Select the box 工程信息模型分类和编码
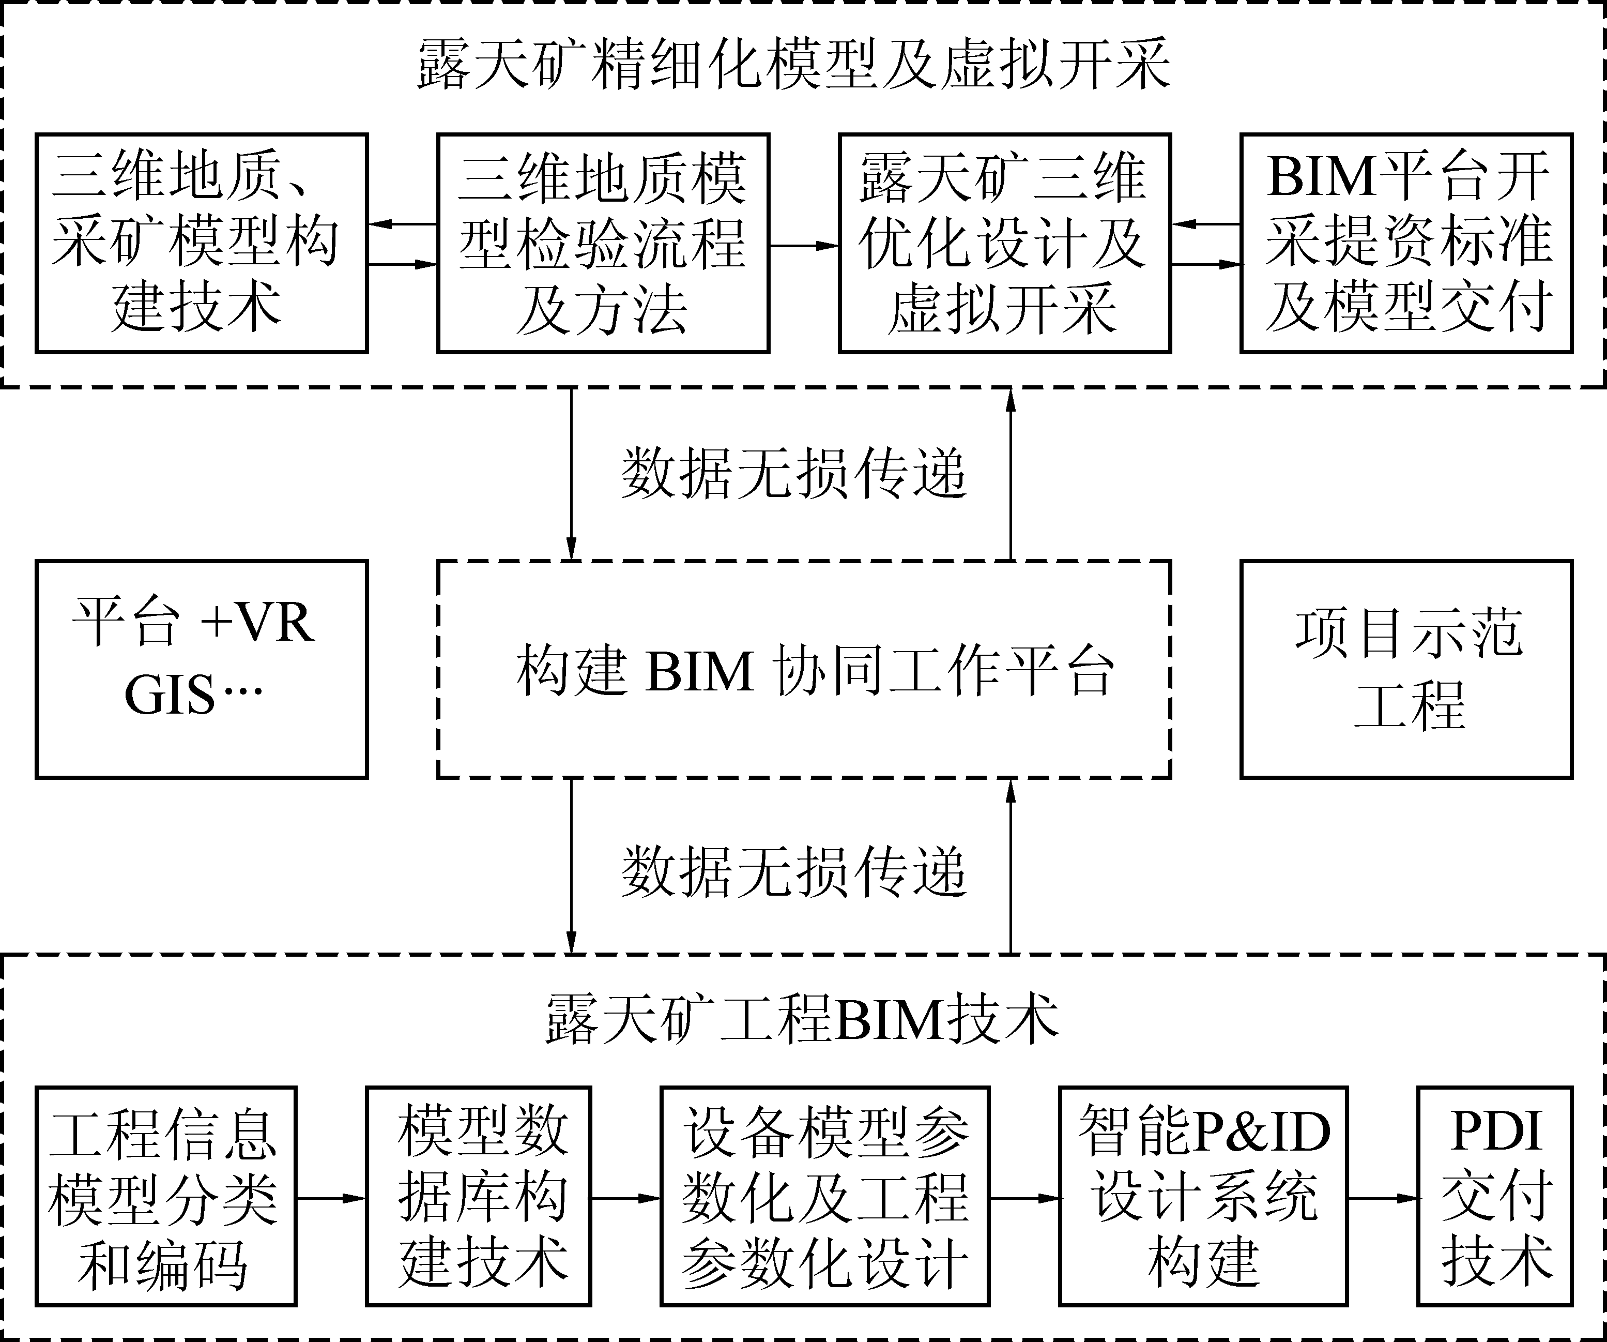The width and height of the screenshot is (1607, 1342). click(165, 1197)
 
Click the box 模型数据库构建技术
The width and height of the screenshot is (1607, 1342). click(478, 1197)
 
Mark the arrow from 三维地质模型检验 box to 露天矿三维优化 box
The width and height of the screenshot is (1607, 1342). click(803, 246)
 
